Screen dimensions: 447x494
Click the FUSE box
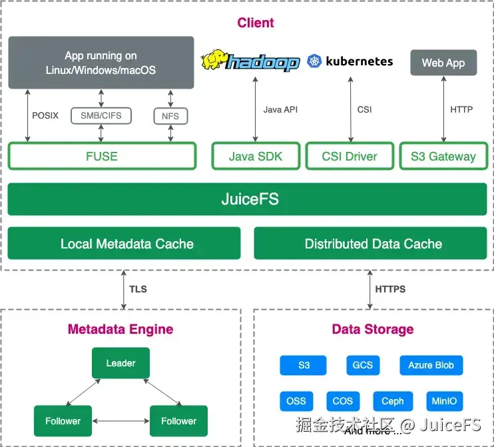coord(102,157)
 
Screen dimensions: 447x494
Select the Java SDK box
coord(256,157)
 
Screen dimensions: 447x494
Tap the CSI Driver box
coord(350,157)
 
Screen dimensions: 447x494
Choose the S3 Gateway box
coord(443,157)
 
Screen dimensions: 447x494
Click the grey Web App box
coord(443,63)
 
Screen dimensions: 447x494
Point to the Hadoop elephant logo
coord(214,60)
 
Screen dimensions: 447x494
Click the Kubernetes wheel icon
coord(314,62)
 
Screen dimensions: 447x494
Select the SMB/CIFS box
coord(101,115)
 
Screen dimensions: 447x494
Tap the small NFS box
coord(170,116)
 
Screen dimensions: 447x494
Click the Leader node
coord(121,363)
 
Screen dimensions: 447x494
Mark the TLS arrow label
coord(138,289)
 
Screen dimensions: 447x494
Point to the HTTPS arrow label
coord(390,289)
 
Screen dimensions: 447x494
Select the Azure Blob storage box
coord(431,365)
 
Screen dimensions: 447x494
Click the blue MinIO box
coord(445,401)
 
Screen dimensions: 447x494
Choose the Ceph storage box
coord(392,401)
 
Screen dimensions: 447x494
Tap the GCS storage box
coord(363,365)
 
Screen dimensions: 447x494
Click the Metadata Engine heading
coord(121,329)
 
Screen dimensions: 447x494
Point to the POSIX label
coord(45,115)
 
